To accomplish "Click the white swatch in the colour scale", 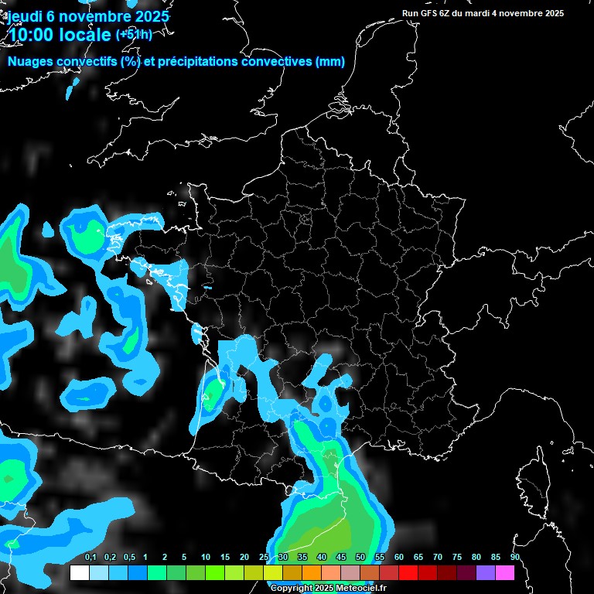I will point(80,573).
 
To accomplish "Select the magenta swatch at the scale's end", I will point(505,573).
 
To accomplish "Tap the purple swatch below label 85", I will point(486,573).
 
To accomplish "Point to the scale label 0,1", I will point(90,558).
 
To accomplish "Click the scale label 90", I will point(515,558).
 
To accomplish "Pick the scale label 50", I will point(360,558).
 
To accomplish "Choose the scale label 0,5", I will point(129,558).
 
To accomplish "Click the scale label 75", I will point(457,558).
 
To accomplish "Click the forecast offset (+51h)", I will point(134,34).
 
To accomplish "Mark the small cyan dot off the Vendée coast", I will point(207,287).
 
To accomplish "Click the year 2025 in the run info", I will point(551,13).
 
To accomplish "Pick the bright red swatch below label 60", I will point(408,573).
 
